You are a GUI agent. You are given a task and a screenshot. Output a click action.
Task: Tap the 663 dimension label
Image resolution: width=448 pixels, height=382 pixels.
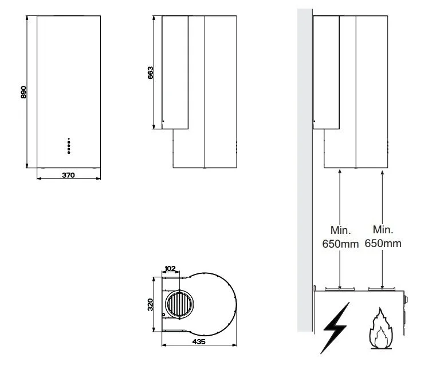[150, 73]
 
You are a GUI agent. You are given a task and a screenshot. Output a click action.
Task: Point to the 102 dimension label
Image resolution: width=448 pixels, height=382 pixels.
[170, 268]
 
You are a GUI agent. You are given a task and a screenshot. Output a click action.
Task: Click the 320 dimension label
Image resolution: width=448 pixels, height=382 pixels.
[151, 304]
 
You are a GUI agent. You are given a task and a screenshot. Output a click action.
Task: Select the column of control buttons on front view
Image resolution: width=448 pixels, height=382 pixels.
[69, 145]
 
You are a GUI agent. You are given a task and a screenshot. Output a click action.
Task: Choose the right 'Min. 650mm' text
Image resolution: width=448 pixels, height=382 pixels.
[383, 236]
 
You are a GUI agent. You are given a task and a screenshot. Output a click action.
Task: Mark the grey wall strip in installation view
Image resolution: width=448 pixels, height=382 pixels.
[305, 172]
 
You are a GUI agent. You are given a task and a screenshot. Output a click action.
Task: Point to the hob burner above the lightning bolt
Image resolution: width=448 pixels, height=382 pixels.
[340, 289]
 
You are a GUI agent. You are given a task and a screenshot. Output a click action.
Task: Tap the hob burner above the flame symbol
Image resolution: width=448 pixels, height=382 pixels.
[382, 289]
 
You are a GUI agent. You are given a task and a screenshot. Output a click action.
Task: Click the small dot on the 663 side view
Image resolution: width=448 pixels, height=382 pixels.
[164, 121]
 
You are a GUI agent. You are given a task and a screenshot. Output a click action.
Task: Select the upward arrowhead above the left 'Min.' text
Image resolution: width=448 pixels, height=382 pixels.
[340, 172]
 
